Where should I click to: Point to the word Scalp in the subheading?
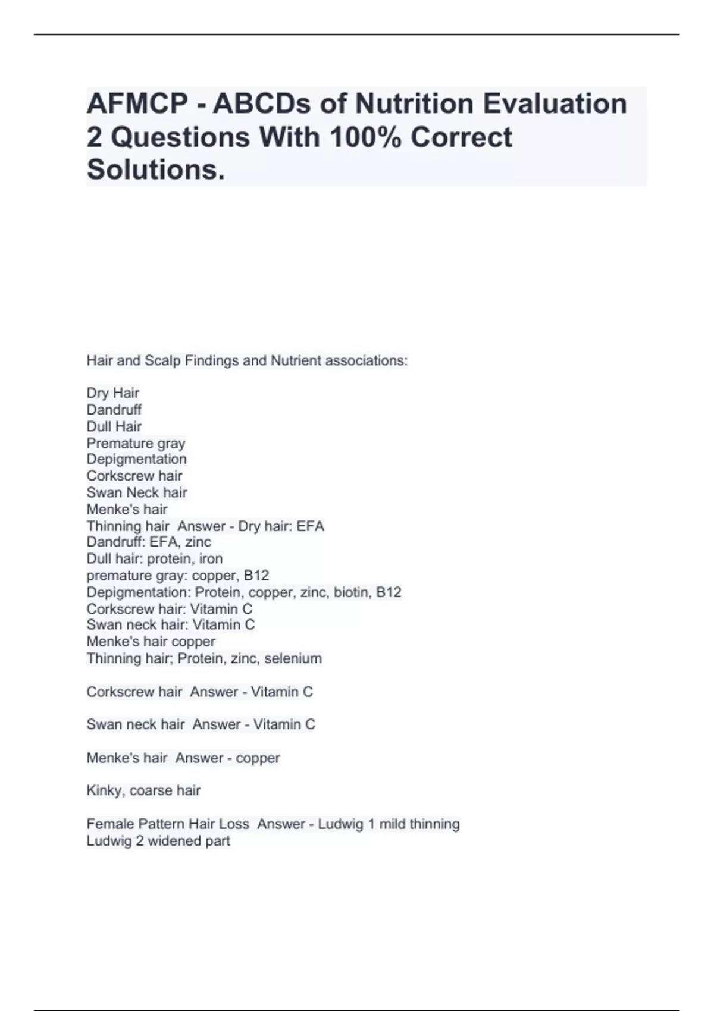[x=162, y=360]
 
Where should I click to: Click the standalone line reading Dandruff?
[x=114, y=410]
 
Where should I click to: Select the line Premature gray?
[x=136, y=443]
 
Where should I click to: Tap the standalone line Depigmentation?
[x=136, y=459]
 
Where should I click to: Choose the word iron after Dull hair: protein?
[x=211, y=559]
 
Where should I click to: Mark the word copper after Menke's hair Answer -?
[x=258, y=758]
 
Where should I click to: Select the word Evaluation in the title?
[x=555, y=103]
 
